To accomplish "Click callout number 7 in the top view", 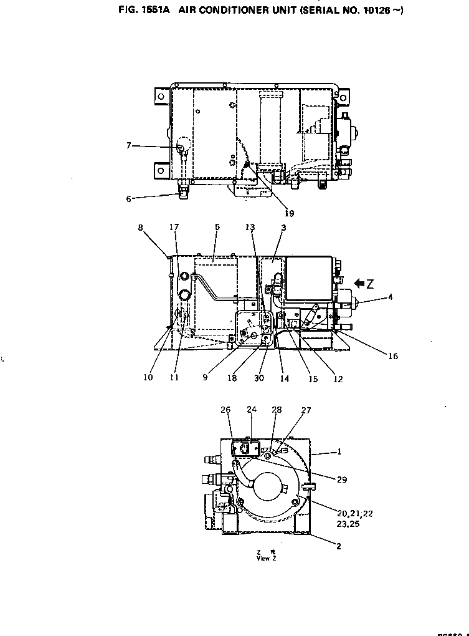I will (128, 145).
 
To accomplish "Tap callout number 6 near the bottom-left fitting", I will (128, 199).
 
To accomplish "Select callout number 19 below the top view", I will (289, 213).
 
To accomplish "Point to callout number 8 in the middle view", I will (141, 228).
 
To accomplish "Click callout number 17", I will (174, 228).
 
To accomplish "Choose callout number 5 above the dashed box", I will (217, 228).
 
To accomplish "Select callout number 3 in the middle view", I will (283, 228).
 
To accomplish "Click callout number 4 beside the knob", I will (391, 297).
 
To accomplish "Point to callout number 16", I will (393, 356).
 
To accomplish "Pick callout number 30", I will (259, 378).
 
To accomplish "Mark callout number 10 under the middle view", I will (148, 378).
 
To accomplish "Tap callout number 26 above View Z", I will (225, 410).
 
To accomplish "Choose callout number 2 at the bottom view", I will (338, 546).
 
